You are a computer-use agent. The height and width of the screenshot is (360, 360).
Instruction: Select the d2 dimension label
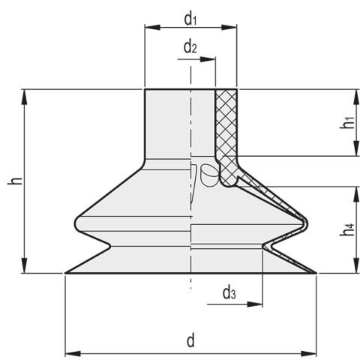coord(190,47)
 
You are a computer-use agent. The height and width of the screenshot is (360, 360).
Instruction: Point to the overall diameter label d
coord(191,341)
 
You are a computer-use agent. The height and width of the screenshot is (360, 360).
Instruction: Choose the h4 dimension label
coord(347,229)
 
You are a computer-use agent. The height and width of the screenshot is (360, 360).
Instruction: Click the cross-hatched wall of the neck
coord(226,124)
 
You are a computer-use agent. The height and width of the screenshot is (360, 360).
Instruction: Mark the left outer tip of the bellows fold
coord(75,223)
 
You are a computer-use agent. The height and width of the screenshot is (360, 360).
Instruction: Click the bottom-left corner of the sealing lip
coord(66,274)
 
